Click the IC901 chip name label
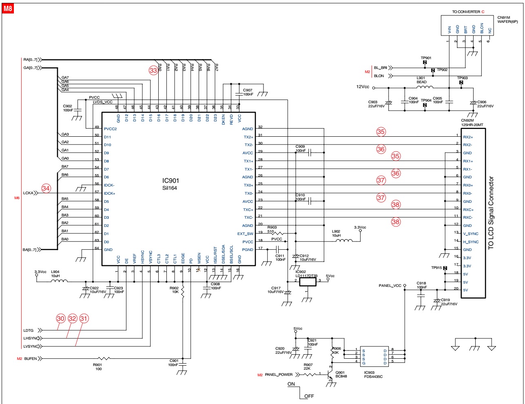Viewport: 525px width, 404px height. [171, 181]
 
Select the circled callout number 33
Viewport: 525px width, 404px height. [153, 71]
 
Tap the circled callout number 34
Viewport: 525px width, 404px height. [46, 189]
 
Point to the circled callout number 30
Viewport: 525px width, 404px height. [61, 319]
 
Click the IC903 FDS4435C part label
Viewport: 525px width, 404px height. [373, 374]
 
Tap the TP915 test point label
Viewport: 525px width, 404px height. [436, 268]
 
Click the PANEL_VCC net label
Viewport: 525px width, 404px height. [390, 286]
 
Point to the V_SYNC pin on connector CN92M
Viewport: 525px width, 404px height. [471, 234]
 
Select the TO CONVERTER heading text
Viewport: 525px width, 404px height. [466, 12]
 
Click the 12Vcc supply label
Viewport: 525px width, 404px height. [363, 87]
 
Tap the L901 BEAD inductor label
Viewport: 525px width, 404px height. [421, 80]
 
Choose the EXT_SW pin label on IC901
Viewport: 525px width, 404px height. [245, 234]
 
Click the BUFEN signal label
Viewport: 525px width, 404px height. [31, 359]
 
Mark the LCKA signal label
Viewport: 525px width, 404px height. [28, 193]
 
